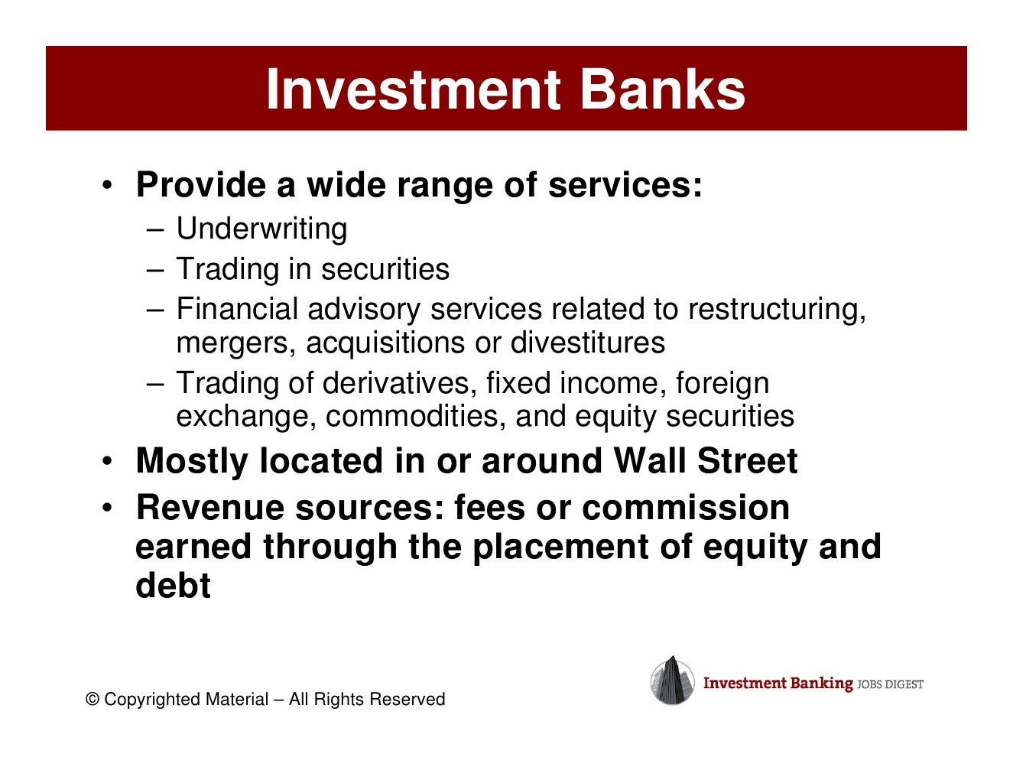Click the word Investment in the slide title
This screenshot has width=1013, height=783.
(414, 89)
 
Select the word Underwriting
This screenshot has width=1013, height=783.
(261, 229)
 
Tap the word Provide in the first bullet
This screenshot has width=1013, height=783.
(200, 185)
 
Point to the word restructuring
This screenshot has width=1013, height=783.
(776, 309)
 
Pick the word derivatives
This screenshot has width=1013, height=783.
(399, 383)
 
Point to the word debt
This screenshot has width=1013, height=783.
(173, 586)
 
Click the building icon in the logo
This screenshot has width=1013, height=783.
(672, 681)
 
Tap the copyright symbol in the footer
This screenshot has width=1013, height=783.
(93, 700)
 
